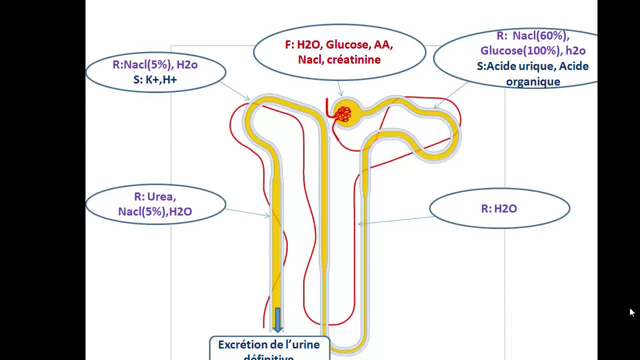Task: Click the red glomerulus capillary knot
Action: click(343, 114)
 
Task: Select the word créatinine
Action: click(353, 60)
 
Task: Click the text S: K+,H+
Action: click(155, 79)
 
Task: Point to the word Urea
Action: click(161, 197)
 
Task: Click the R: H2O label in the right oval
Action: click(499, 208)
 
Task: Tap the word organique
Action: click(533, 81)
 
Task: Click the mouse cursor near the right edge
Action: click(631, 311)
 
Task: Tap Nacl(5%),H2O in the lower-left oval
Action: click(155, 211)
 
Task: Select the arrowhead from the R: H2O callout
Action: click(360, 224)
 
